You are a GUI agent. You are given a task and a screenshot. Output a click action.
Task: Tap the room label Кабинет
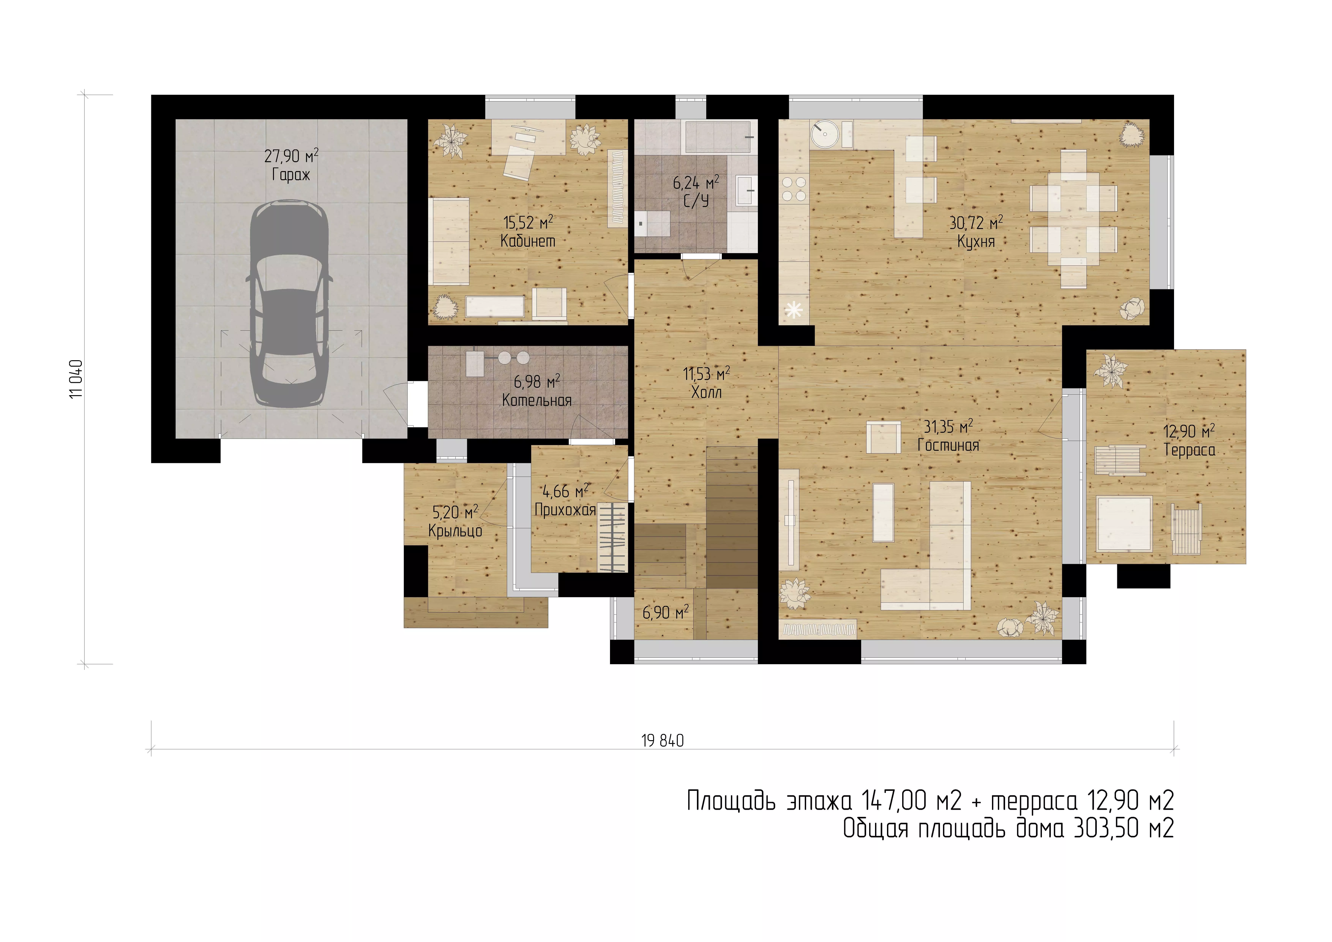coord(528,241)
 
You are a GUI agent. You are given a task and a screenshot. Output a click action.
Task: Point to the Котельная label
coord(537,400)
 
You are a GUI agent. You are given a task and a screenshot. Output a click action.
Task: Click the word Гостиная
coord(948,445)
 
